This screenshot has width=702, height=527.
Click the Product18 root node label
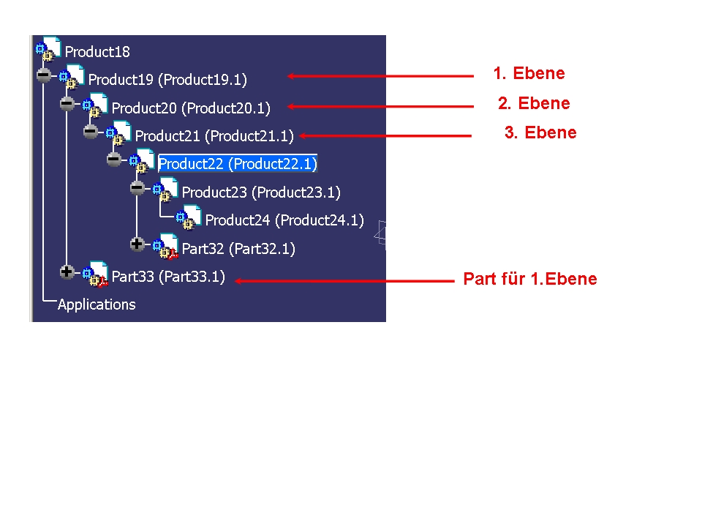(97, 52)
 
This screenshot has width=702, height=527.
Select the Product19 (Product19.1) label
(167, 80)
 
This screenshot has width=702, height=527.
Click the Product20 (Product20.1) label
(191, 108)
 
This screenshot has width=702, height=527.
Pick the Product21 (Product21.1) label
(214, 136)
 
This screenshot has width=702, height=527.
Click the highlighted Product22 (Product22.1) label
(238, 163)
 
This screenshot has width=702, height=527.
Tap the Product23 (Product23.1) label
(261, 193)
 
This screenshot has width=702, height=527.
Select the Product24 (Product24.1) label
(284, 220)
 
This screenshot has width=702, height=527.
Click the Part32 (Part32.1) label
(238, 249)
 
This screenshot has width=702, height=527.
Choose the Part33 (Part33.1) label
(168, 277)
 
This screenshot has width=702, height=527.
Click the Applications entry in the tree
(97, 304)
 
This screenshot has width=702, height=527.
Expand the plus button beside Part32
(137, 244)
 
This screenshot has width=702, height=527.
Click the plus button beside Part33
(67, 272)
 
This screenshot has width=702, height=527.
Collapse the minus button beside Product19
(43, 75)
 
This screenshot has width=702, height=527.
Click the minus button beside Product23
(137, 188)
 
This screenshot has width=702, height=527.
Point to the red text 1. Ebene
(529, 73)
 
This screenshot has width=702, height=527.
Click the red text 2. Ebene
(534, 103)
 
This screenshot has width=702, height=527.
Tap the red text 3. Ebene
(540, 132)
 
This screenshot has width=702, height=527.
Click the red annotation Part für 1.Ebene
(530, 279)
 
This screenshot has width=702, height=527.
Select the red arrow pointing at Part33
(344, 281)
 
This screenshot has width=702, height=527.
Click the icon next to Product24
(188, 217)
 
